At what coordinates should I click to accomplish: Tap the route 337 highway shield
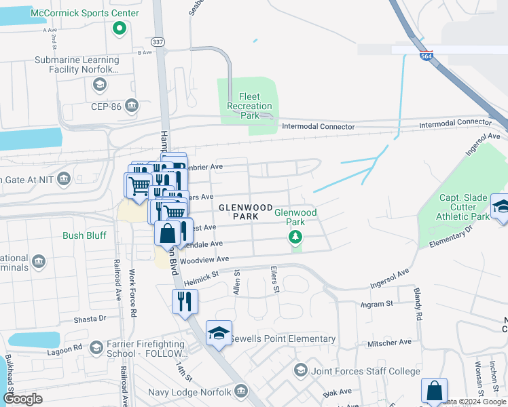158,41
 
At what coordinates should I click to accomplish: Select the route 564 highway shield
426,56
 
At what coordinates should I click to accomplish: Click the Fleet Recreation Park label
249,106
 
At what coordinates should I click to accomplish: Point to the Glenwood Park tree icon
295,237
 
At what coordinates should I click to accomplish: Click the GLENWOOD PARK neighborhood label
245,212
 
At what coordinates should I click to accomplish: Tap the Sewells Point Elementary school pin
219,334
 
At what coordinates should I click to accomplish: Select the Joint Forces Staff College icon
300,370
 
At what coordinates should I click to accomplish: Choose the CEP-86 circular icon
132,105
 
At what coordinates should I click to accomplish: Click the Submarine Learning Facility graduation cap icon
99,84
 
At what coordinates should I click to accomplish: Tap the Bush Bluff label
82,236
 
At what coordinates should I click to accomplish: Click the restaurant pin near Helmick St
185,301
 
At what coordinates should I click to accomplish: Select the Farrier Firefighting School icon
96,348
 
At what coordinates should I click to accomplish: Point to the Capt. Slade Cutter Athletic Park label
465,207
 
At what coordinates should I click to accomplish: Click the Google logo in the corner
22,398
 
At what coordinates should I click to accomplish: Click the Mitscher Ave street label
390,343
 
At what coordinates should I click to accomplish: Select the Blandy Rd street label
418,305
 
